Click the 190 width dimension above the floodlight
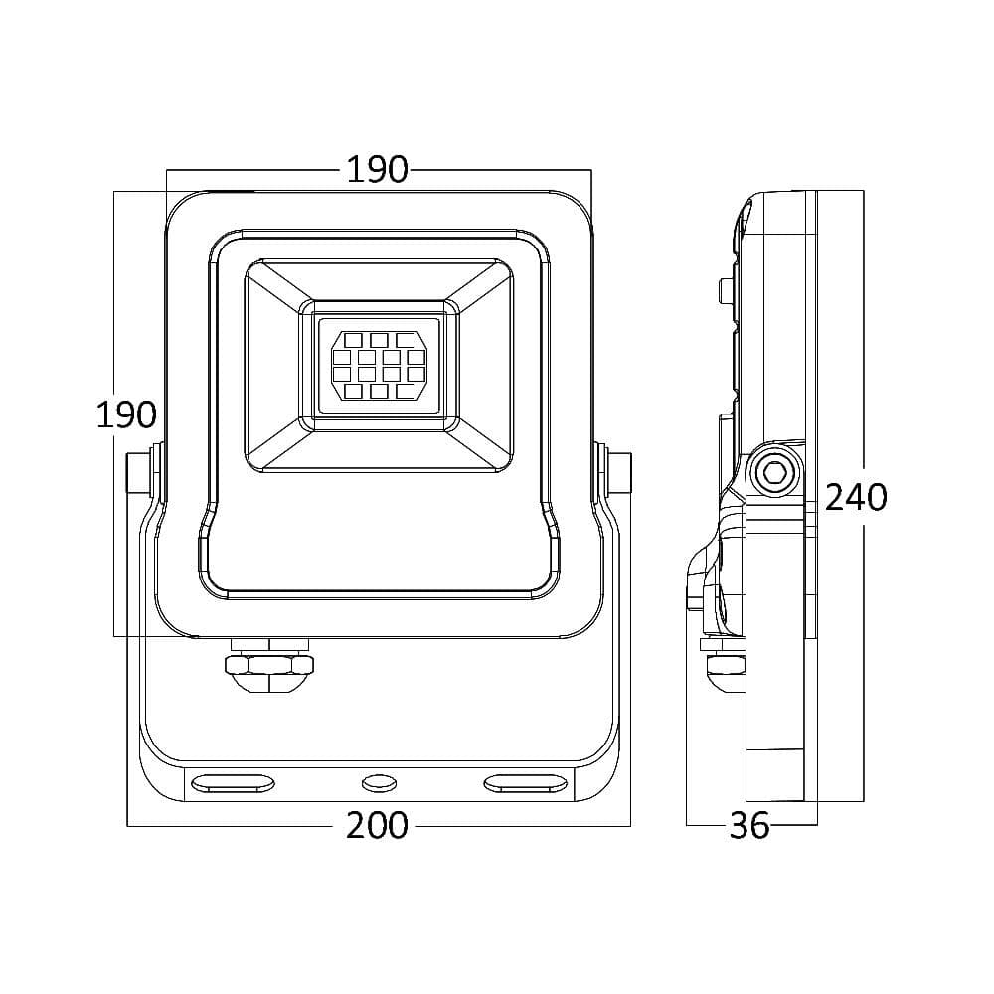tap(377, 170)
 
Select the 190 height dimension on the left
tap(125, 414)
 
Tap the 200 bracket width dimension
tap(377, 824)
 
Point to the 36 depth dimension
tap(748, 824)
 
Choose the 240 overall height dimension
tap(856, 495)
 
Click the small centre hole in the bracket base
tap(378, 784)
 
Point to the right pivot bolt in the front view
tap(618, 474)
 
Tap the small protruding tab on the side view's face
tap(724, 289)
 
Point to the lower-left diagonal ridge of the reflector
tap(277, 446)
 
